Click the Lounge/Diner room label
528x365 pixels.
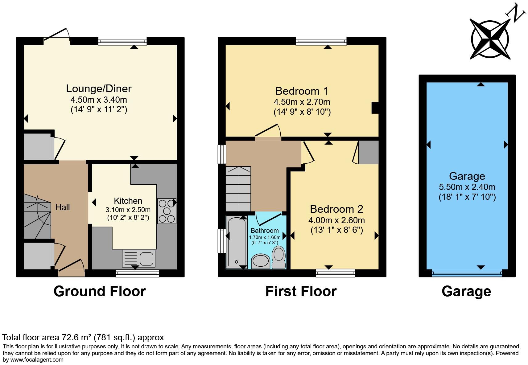(98, 88)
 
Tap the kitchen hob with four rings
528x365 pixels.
(167, 211)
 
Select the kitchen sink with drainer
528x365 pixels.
(138, 258)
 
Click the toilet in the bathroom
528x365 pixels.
(278, 257)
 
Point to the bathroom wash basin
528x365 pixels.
(261, 261)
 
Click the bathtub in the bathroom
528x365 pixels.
(237, 242)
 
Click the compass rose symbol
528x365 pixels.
(490, 39)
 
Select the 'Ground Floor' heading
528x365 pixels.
(100, 292)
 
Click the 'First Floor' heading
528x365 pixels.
(301, 292)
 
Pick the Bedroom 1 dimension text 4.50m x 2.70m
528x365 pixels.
(302, 102)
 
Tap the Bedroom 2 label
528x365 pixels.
(336, 209)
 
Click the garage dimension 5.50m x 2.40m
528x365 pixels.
(467, 187)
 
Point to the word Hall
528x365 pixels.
(63, 207)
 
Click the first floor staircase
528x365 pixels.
(238, 189)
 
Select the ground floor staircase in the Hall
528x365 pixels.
(37, 216)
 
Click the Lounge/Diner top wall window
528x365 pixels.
(122, 41)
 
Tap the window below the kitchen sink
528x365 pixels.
(137, 273)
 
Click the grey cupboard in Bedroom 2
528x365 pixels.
(369, 152)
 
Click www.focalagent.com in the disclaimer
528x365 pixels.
(37, 360)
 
